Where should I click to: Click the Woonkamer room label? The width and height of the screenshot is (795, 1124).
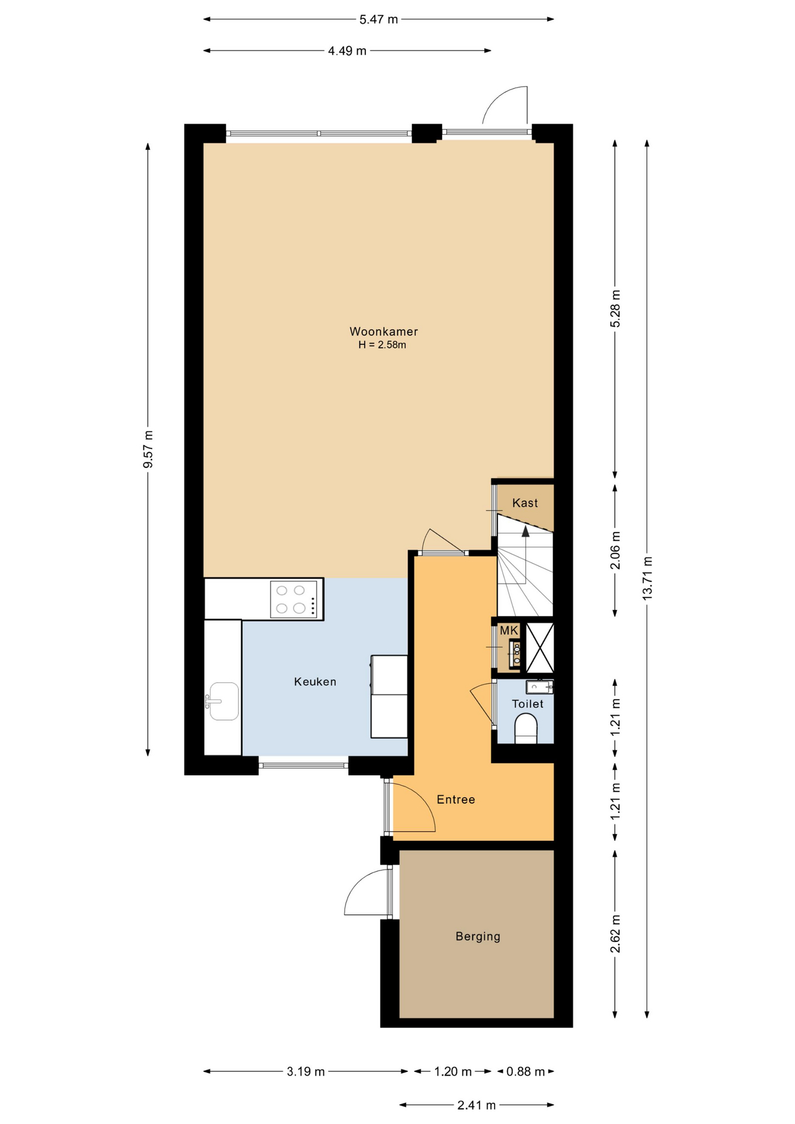click(383, 331)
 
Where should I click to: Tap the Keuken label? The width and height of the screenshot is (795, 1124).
click(315, 681)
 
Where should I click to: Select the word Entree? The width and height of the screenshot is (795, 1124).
click(455, 799)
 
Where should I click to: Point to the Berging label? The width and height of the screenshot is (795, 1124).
click(478, 937)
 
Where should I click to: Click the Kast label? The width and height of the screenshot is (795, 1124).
click(525, 503)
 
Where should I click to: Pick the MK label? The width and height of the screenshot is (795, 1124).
click(509, 630)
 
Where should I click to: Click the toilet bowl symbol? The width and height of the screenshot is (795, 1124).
click(526, 728)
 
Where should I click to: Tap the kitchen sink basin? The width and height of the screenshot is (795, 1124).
click(224, 701)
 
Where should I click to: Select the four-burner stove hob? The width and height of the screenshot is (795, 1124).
click(294, 599)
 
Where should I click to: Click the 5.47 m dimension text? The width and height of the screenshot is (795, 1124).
click(379, 19)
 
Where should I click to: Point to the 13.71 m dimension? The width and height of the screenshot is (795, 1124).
click(647, 578)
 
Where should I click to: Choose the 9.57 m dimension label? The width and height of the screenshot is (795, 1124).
click(148, 449)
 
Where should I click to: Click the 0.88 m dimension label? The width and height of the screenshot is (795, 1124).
click(526, 1071)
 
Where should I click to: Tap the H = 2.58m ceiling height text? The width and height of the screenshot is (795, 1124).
click(382, 345)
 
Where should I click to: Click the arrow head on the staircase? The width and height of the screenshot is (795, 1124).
click(526, 531)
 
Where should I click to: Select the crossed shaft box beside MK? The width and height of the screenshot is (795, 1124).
click(539, 647)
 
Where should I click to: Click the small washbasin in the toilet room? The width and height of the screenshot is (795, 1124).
click(539, 686)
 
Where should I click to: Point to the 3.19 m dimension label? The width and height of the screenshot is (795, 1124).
click(306, 1071)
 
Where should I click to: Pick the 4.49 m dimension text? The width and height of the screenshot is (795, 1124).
click(347, 51)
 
